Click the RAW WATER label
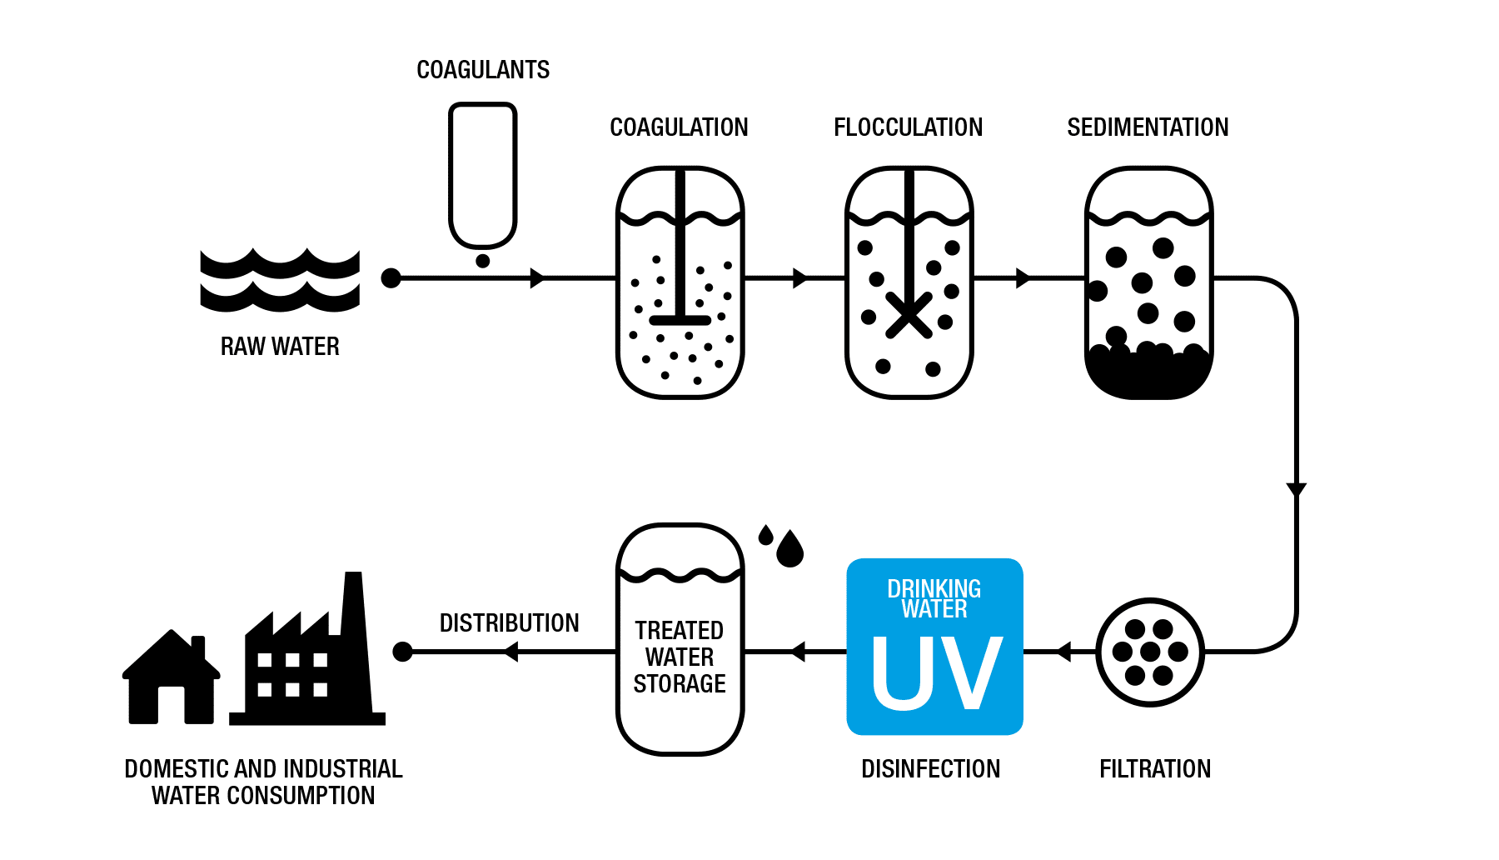pos(280,346)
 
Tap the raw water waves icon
pos(280,281)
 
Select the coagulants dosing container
pos(483,175)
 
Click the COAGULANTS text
pos(483,70)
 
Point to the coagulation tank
pos(680,283)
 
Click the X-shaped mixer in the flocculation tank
pos(909,316)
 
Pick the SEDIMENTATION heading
pos(1148,127)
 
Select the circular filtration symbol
pos(1150,652)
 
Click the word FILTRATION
pos(1155,768)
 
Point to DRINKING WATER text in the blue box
pos(934,598)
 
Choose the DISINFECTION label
pos(930,768)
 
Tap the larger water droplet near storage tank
pos(789,550)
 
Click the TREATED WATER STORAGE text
pos(680,657)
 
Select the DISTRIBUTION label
pos(509,623)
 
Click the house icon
pos(171,679)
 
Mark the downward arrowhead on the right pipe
pos(1296,489)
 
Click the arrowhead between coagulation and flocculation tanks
pos(799,278)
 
